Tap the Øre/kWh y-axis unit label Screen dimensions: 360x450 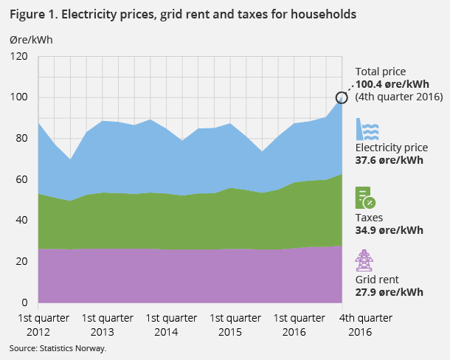[x=30, y=40]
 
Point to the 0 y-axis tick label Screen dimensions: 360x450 [x=24, y=302]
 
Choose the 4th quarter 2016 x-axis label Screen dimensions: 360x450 [x=366, y=324]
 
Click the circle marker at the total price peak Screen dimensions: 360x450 [x=342, y=97]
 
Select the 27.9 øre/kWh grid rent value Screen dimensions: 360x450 [x=390, y=292]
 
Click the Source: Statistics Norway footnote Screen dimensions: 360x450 [x=58, y=348]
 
